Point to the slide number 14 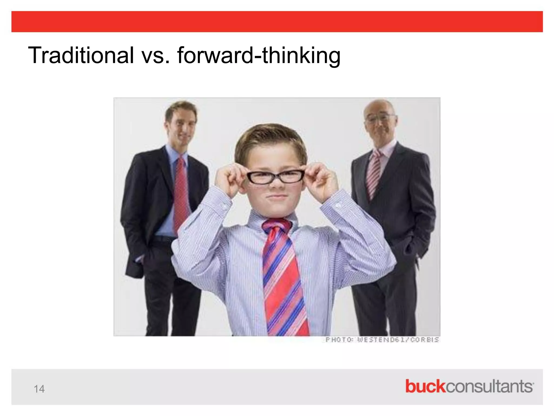click(39, 389)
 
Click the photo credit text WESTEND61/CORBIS click(398, 340)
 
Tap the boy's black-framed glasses click(275, 177)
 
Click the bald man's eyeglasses click(380, 118)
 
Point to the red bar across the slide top click(277, 22)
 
